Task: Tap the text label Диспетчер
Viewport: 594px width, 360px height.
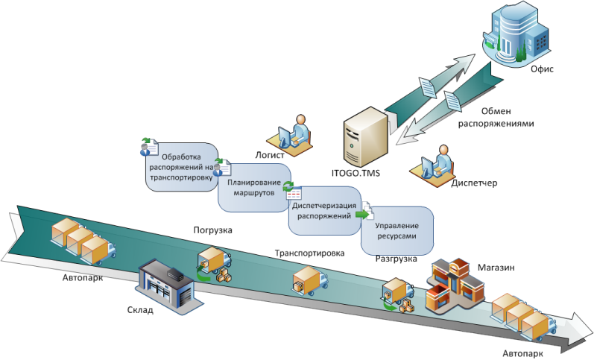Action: [473, 183]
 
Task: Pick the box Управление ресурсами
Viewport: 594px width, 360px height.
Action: [396, 230]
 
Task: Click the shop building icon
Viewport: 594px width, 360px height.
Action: [454, 287]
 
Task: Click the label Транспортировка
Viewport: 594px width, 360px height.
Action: [309, 253]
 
